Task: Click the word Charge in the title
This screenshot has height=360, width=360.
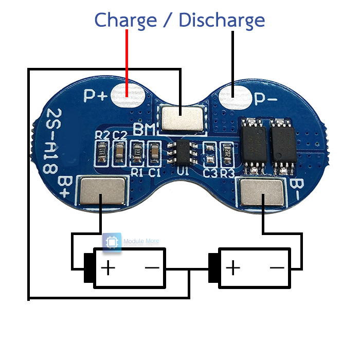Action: pyautogui.click(x=125, y=21)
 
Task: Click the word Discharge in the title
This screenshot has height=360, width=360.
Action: pyautogui.click(x=222, y=21)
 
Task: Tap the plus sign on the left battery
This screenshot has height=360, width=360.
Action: pyautogui.click(x=108, y=268)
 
